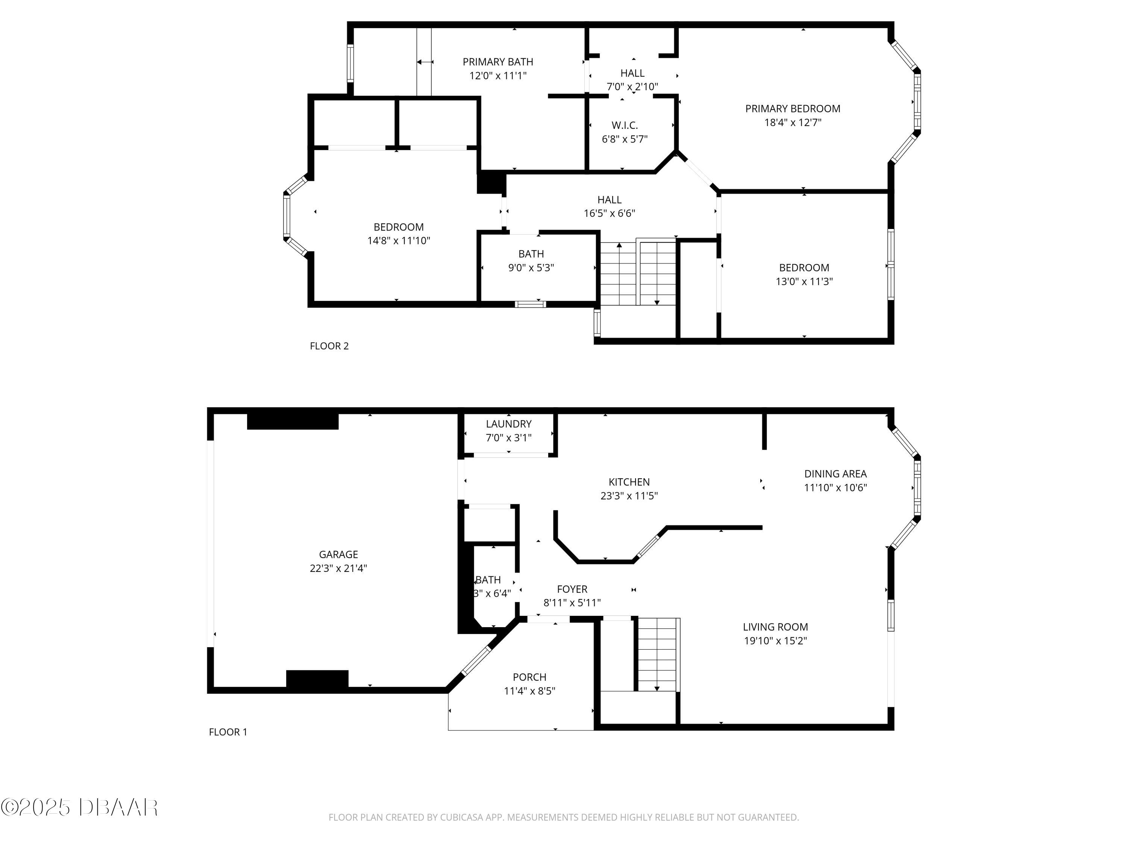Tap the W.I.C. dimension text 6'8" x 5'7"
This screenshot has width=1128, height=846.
pyautogui.click(x=624, y=139)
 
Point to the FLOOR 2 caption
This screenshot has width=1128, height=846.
pyautogui.click(x=329, y=346)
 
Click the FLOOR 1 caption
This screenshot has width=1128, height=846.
pyautogui.click(x=227, y=732)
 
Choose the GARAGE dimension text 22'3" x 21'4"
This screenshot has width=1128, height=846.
pyautogui.click(x=338, y=568)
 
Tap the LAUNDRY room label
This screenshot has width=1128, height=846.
pyautogui.click(x=508, y=424)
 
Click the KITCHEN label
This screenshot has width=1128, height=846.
pyautogui.click(x=629, y=482)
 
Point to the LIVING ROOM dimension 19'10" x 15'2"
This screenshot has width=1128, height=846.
pyautogui.click(x=775, y=640)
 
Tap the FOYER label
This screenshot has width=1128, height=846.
pyautogui.click(x=572, y=589)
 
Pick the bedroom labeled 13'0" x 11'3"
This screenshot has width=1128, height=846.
pyautogui.click(x=804, y=274)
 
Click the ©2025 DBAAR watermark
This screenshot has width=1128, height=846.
pyautogui.click(x=79, y=807)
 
